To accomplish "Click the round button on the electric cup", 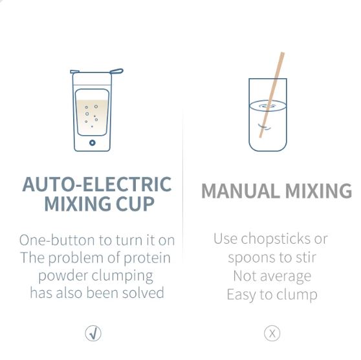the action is point(93,143).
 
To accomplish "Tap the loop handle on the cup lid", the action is point(116,71).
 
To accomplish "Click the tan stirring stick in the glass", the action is point(272,95).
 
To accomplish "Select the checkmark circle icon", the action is point(93,333).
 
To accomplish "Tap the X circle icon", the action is point(272,333).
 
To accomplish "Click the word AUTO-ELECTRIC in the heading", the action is point(97,184).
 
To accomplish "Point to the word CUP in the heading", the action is point(135,204).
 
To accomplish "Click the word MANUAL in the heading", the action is point(241,191).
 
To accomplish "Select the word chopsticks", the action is point(276,240).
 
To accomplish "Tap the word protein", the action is point(147,259).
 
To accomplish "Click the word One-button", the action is point(57,240).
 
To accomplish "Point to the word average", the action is point(286,277).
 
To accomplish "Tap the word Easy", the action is point(241,295).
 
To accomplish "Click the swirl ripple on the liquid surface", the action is point(268,106).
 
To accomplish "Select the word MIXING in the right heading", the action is point(318,191).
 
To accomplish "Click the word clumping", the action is point(122,276).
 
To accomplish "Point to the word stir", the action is point(305,258).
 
